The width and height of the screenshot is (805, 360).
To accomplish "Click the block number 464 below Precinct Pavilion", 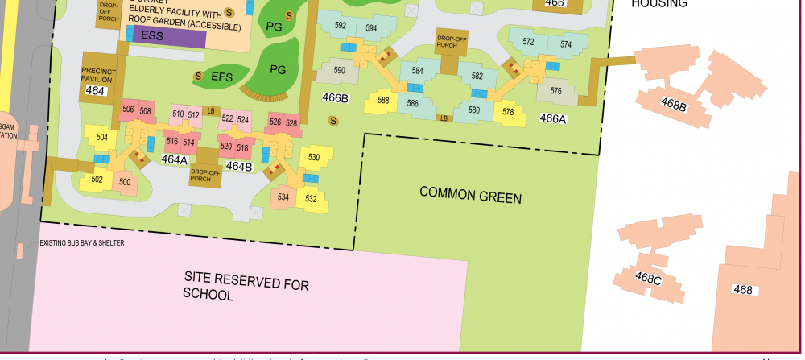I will [95, 91].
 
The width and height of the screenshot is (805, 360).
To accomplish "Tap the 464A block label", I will [174, 159].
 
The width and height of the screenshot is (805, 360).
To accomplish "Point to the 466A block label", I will [553, 118].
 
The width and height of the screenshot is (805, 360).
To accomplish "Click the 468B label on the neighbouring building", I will [674, 105].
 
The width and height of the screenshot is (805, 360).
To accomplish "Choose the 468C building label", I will [648, 279].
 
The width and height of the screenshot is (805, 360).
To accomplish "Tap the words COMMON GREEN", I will [470, 197].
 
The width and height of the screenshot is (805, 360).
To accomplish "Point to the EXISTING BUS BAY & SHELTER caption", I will [82, 242].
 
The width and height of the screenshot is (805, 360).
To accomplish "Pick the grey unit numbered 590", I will [339, 71].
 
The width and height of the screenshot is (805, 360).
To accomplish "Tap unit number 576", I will [555, 91].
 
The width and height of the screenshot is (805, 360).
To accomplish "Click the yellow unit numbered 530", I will [314, 157].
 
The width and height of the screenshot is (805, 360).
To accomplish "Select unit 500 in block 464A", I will [125, 182].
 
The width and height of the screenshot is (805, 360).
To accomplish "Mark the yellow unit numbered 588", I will [383, 101].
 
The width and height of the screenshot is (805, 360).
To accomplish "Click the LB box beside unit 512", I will [211, 111].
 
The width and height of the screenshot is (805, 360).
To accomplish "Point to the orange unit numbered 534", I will [283, 197].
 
